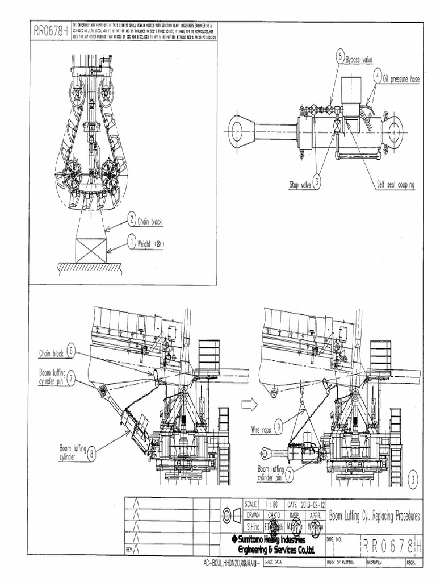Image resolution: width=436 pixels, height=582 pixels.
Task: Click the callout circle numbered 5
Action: [340, 56]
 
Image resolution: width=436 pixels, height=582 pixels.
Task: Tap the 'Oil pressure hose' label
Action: [401, 79]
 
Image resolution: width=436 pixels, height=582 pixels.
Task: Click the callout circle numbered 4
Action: [378, 76]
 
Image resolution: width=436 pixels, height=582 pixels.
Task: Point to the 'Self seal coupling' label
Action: [395, 184]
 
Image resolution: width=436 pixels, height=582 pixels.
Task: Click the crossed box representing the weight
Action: [91, 250]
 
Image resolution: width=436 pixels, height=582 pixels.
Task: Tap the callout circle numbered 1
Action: [131, 243]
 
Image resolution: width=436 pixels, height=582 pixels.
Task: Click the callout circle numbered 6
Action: [71, 351]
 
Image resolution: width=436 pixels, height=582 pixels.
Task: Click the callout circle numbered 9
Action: [279, 423]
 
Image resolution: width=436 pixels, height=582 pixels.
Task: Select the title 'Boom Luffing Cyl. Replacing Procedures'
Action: [375, 516]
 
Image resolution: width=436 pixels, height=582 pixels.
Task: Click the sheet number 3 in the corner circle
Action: [413, 476]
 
